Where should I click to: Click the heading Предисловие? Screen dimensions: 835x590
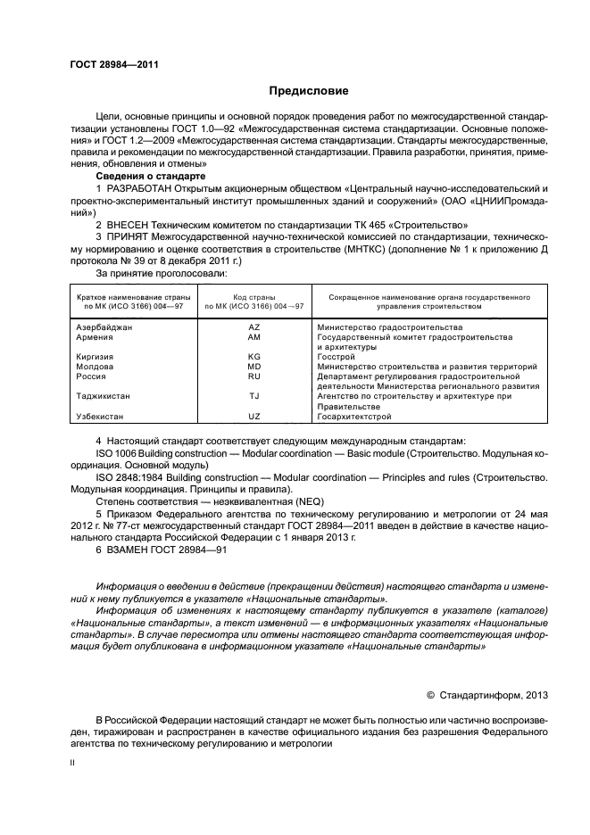[x=309, y=91]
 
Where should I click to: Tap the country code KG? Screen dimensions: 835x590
[x=253, y=357]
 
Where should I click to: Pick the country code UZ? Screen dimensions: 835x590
[x=253, y=416]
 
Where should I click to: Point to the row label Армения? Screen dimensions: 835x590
[x=95, y=338]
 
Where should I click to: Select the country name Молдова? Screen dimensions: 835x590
[x=95, y=367]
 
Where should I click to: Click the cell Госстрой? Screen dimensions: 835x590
[x=336, y=357]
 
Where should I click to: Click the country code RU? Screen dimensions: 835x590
[x=253, y=376]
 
